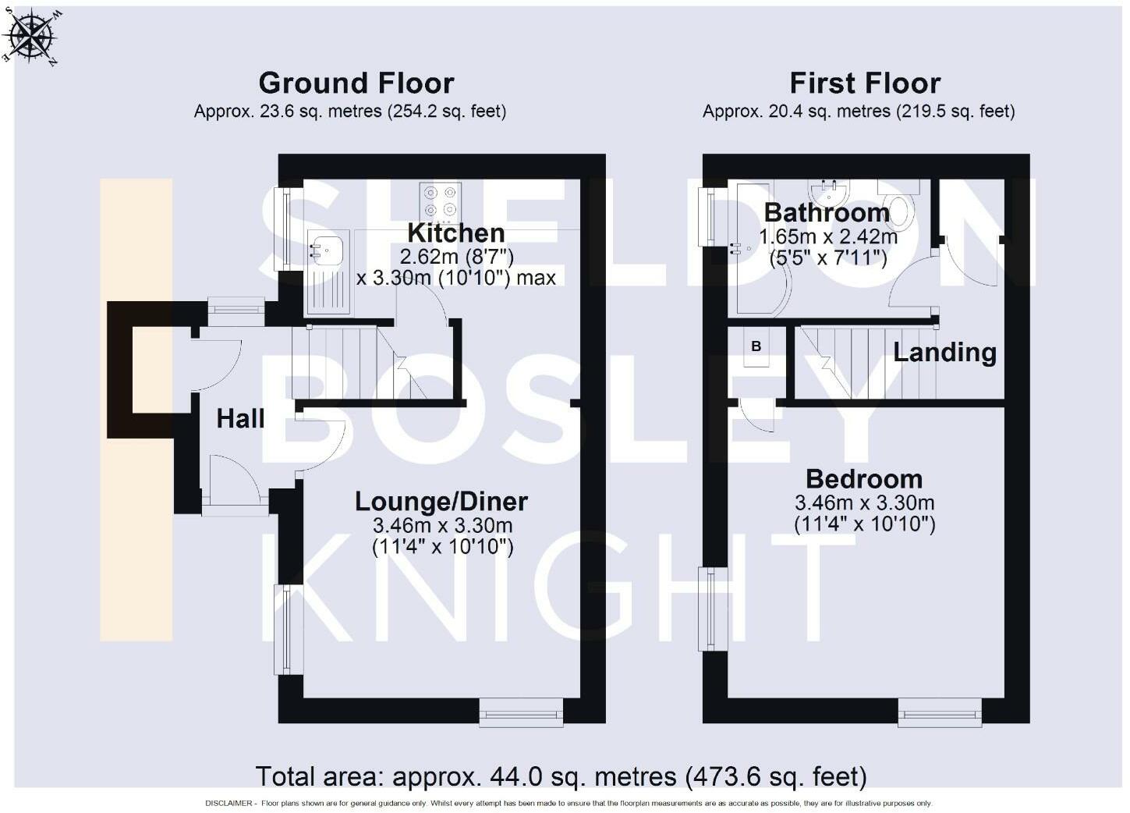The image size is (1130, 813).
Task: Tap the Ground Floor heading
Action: tap(356, 83)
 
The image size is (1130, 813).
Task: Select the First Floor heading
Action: tap(865, 83)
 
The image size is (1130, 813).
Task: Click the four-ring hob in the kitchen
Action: tap(440, 203)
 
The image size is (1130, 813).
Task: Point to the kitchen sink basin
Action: tap(327, 248)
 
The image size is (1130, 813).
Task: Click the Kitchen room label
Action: tap(456, 233)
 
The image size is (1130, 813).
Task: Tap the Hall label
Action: tap(240, 419)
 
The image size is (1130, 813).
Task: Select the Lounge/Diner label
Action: tap(441, 502)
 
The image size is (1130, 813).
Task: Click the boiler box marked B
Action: tap(756, 346)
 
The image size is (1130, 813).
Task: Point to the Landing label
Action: tap(945, 352)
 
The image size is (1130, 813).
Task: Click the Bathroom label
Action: tap(827, 212)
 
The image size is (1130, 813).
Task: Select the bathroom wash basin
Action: tap(829, 192)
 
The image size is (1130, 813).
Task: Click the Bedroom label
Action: tap(864, 479)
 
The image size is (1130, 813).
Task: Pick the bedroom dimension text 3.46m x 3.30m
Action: tap(865, 502)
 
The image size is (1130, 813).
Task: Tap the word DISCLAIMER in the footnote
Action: tap(228, 804)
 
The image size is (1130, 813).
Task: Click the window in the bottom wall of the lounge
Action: tap(521, 712)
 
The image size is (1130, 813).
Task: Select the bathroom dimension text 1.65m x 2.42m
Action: tap(828, 236)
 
